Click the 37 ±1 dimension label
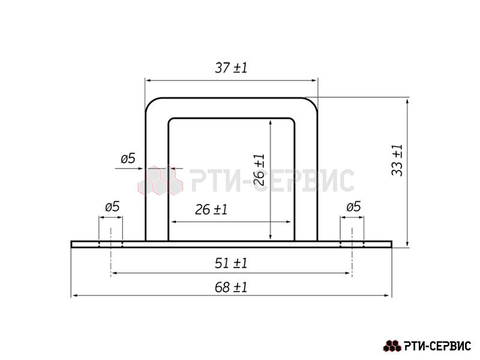point(231,68)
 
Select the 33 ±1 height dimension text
point(397,160)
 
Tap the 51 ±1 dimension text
point(231,263)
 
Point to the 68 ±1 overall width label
point(231,287)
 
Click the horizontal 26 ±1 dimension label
point(211,209)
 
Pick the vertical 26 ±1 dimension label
point(259,170)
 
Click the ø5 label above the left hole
point(112,206)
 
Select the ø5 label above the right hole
point(353,206)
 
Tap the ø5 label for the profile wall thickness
point(128,158)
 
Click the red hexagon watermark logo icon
point(160,181)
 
